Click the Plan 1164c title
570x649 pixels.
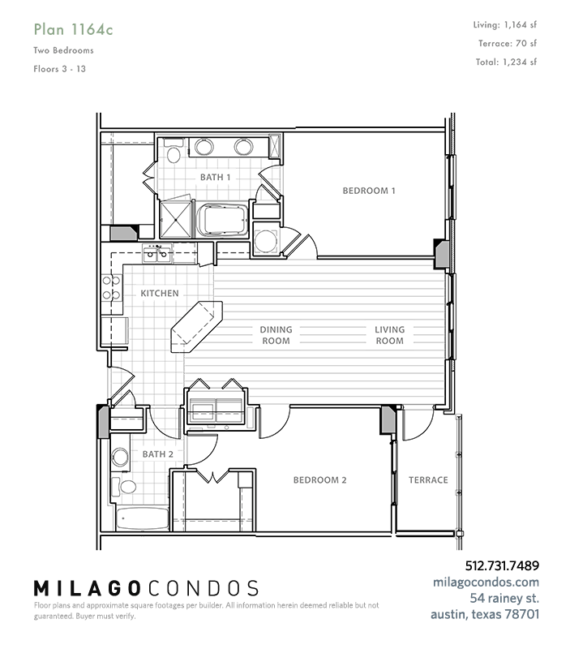[x=73, y=30]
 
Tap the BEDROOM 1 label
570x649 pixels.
[x=369, y=191]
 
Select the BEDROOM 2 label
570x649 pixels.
[x=319, y=480]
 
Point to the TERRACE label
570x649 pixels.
[x=428, y=480]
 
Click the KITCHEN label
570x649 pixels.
[x=160, y=294]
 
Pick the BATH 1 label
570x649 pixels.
[x=215, y=177]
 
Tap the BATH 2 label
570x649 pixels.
[x=157, y=454]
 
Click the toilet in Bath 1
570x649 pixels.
[x=174, y=151]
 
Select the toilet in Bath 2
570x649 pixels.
[x=124, y=487]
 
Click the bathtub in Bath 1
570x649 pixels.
[x=222, y=220]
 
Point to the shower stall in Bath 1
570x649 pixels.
[x=176, y=219]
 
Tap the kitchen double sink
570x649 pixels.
[x=156, y=253]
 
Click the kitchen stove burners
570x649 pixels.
[x=111, y=288]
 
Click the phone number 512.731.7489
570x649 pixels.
[x=502, y=565]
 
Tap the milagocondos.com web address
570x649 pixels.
[x=486, y=582]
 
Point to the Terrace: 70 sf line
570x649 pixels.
[x=508, y=44]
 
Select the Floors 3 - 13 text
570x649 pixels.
[x=59, y=69]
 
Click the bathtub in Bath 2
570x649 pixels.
[x=142, y=518]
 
